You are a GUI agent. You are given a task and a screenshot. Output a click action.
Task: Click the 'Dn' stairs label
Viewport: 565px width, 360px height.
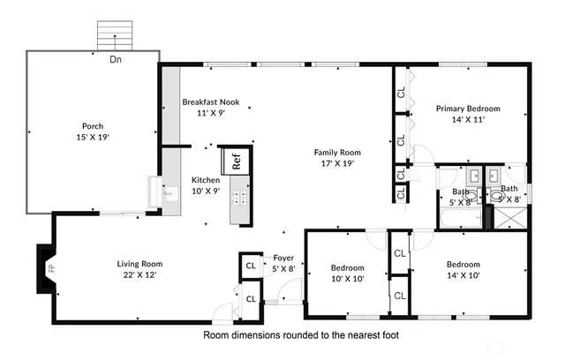click(116, 60)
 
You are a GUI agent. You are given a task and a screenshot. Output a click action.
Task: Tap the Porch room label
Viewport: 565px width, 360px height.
click(93, 126)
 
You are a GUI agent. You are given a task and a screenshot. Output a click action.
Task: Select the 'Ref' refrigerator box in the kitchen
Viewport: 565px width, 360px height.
click(237, 161)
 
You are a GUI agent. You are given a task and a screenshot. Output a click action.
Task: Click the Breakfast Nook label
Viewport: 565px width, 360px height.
click(211, 102)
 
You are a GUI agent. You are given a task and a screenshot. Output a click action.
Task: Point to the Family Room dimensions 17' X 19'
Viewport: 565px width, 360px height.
click(337, 163)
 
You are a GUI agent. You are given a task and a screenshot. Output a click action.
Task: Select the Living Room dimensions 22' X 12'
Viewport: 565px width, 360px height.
click(139, 274)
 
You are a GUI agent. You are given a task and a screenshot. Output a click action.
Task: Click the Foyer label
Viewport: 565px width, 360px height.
click(282, 259)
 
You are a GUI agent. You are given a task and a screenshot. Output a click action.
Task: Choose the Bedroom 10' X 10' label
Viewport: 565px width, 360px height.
click(348, 267)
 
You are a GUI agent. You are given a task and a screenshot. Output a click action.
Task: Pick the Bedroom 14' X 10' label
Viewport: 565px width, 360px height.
click(463, 265)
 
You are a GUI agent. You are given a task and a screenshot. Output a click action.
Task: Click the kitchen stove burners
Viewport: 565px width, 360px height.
click(237, 199)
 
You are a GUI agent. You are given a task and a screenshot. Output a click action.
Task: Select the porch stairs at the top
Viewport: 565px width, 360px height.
click(116, 36)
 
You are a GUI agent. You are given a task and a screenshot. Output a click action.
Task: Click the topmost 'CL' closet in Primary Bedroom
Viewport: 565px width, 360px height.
click(401, 92)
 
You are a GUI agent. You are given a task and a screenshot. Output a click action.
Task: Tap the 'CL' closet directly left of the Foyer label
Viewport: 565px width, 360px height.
click(251, 265)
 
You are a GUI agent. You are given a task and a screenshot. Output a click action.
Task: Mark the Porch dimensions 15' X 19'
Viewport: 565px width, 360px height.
click(93, 137)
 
